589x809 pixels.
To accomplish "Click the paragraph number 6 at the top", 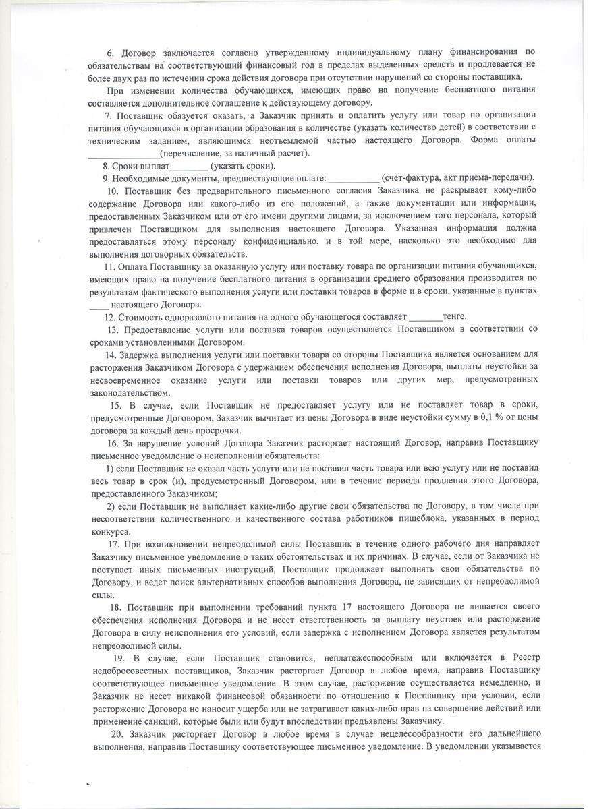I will coord(111,52).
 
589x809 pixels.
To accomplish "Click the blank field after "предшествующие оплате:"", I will coord(352,178).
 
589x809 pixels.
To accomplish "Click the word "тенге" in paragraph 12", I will coord(455,317).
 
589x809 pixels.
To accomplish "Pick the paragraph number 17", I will coord(113,545).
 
